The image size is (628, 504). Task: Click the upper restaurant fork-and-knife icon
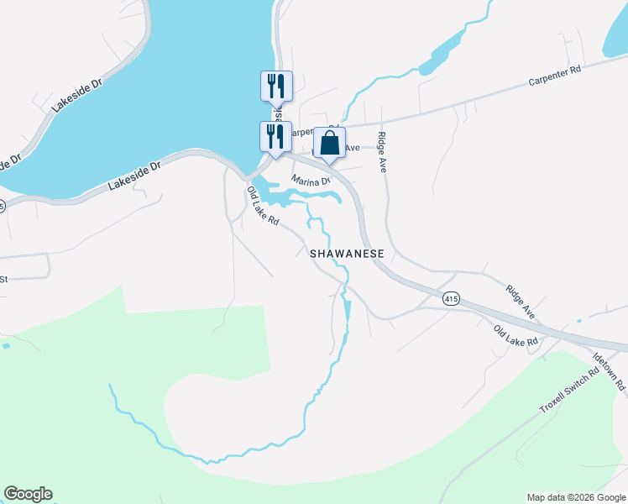[x=276, y=86]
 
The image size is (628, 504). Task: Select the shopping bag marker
[x=329, y=143]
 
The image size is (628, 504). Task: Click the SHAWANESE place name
[x=347, y=253]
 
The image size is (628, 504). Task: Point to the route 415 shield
[x=452, y=299]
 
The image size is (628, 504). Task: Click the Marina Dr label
[x=311, y=181]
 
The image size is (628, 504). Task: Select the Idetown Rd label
[x=610, y=370]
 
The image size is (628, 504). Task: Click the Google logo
[x=29, y=494]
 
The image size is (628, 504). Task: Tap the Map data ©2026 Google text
[x=576, y=497]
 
